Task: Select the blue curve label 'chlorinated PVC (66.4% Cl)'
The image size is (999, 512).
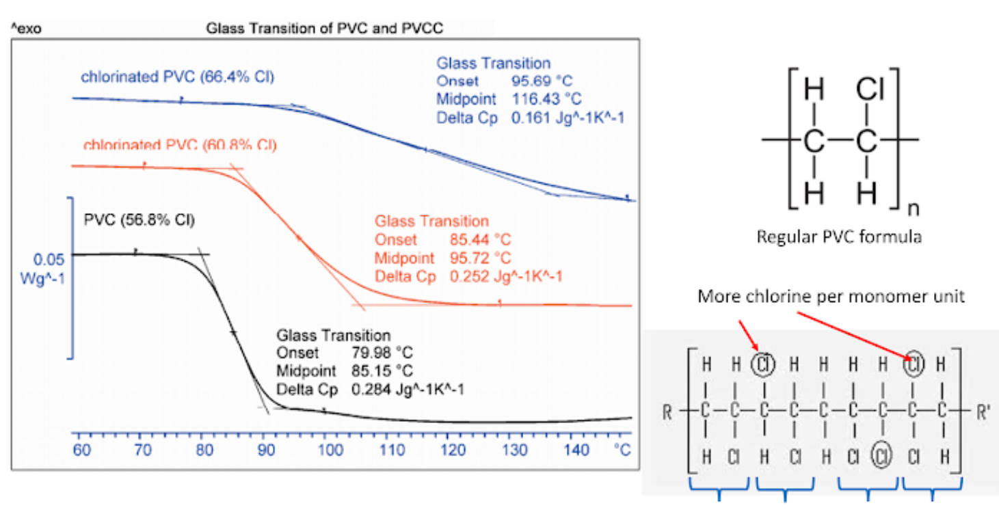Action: [x=178, y=77]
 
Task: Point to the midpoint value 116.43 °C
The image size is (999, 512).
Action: [x=547, y=99]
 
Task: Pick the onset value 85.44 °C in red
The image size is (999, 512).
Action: [x=479, y=240]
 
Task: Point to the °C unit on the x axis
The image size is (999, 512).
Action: [x=622, y=450]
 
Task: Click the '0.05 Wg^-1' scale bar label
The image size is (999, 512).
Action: [x=49, y=268]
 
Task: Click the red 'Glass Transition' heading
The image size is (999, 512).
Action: [x=431, y=221]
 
